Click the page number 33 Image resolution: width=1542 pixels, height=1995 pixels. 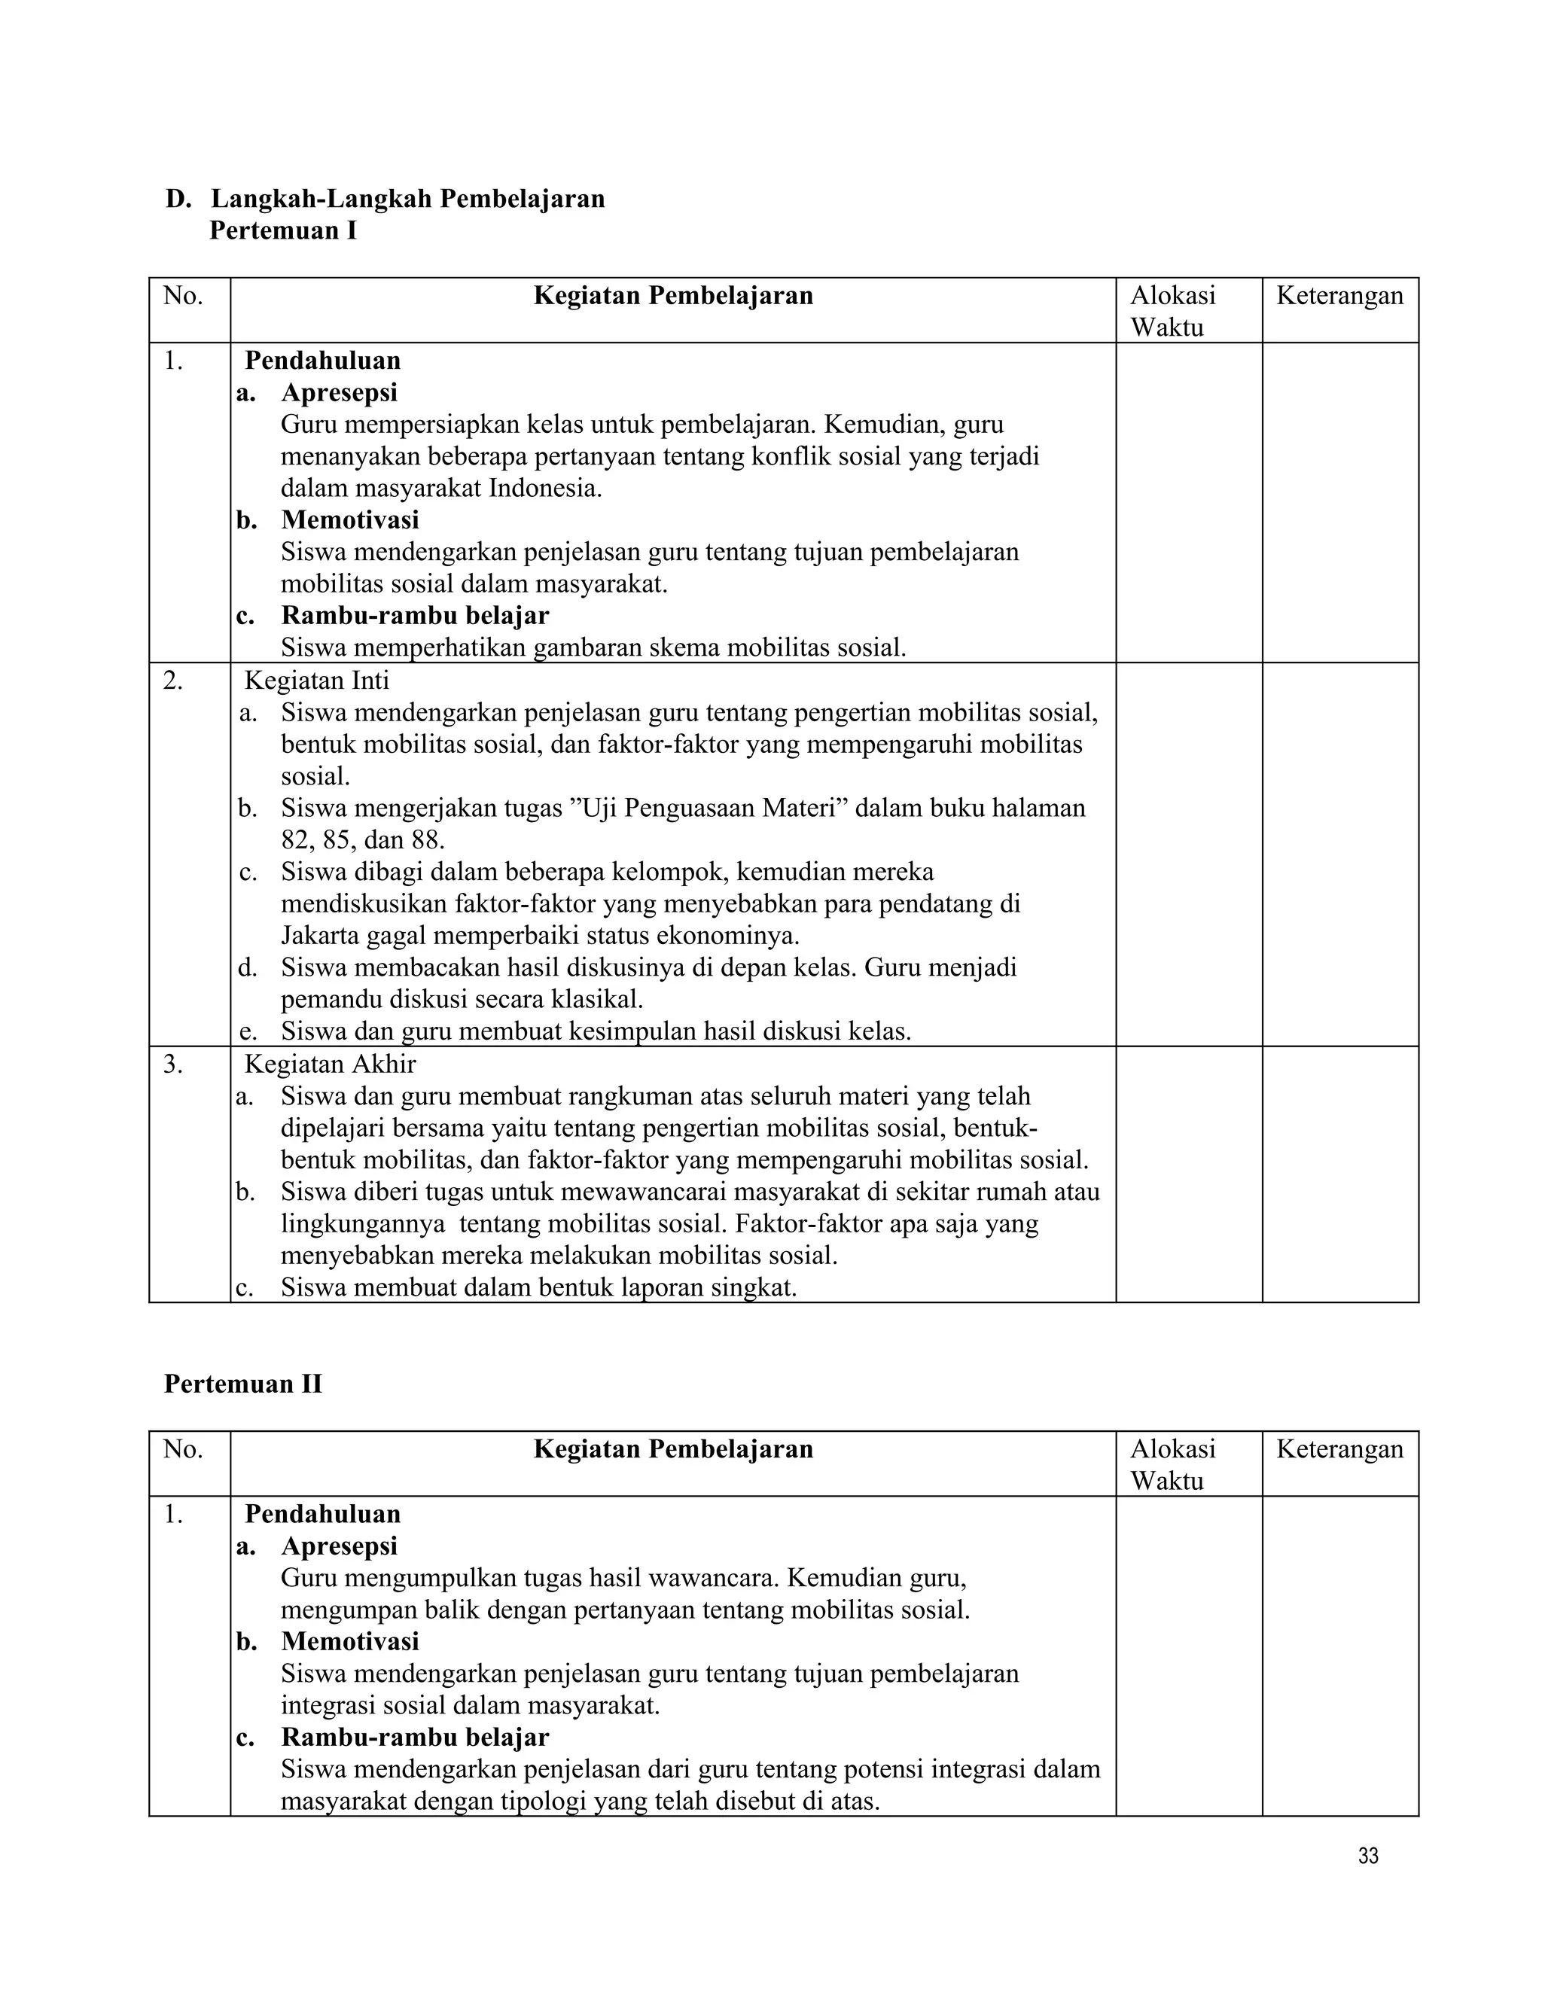click(x=1367, y=1856)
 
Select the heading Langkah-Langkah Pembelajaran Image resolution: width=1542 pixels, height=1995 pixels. click(x=407, y=200)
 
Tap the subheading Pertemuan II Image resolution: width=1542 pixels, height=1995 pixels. click(x=243, y=1384)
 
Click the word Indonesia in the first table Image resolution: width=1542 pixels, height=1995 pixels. click(x=544, y=488)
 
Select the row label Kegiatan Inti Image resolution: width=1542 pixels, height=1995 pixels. click(x=317, y=680)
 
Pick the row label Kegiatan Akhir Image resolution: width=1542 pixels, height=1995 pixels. click(x=330, y=1065)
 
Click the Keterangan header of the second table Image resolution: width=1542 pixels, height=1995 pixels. click(x=1339, y=1448)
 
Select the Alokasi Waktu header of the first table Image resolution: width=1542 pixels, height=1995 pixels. click(x=1173, y=311)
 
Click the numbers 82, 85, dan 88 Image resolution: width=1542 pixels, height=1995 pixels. click(x=363, y=839)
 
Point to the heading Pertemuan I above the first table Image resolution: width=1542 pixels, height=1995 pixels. click(x=283, y=231)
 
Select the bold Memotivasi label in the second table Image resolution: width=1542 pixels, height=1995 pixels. click(x=350, y=1641)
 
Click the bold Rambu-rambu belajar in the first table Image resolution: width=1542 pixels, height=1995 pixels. click(x=415, y=616)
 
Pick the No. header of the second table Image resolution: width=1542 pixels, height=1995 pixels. click(x=183, y=1448)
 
